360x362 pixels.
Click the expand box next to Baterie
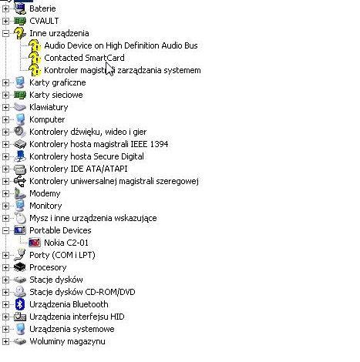coord(5,8)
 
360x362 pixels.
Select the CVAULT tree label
coord(44,21)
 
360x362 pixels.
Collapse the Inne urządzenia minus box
coord(5,33)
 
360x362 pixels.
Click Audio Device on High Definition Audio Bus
coord(121,45)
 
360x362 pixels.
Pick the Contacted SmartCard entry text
coord(84,58)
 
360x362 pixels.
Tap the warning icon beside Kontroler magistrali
coord(35,70)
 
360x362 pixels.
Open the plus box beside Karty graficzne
coord(5,82)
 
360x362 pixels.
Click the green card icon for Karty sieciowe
coord(20,95)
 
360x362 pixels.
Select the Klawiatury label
coord(49,107)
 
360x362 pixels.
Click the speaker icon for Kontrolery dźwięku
coord(20,132)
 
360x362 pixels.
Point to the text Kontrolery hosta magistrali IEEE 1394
coord(99,144)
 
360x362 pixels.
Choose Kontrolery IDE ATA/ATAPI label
coord(79,169)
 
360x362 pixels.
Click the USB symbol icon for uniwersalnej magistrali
coord(20,181)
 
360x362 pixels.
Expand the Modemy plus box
coord(5,193)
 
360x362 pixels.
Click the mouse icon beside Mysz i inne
coord(20,218)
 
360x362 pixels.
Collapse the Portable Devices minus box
coord(5,230)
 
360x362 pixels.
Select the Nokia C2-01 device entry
coord(66,243)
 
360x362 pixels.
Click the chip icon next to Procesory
coord(20,267)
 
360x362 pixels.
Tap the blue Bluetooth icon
coord(20,304)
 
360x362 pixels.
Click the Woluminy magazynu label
coord(67,341)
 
